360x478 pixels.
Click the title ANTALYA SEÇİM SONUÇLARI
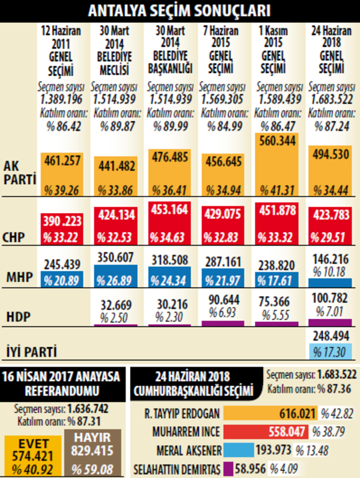point(180,10)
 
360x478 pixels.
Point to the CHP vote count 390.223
point(62,221)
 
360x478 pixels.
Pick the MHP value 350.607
point(115,257)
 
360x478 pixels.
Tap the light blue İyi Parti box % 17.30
point(330,351)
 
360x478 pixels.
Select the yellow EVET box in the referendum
point(33,456)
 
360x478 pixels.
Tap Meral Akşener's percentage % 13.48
point(311,450)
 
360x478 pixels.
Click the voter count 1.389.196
point(61,99)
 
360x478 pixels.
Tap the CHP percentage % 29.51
point(330,237)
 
